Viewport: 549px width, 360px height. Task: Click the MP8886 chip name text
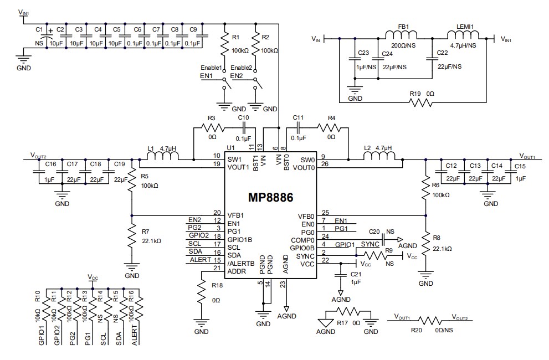[270, 197]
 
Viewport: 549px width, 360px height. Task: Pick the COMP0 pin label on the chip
[305, 240]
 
